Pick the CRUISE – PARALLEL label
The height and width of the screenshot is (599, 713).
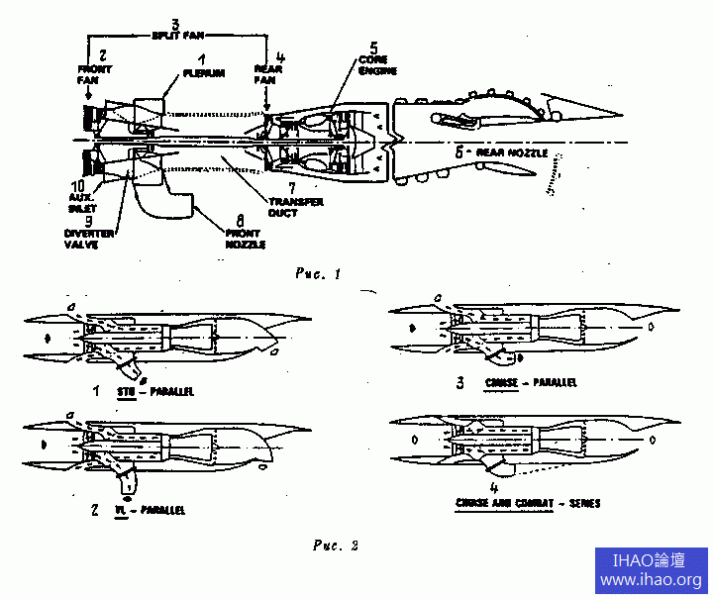[x=530, y=382]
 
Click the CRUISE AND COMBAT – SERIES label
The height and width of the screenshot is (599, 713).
[x=528, y=503]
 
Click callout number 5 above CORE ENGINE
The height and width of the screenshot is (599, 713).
[x=373, y=46]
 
